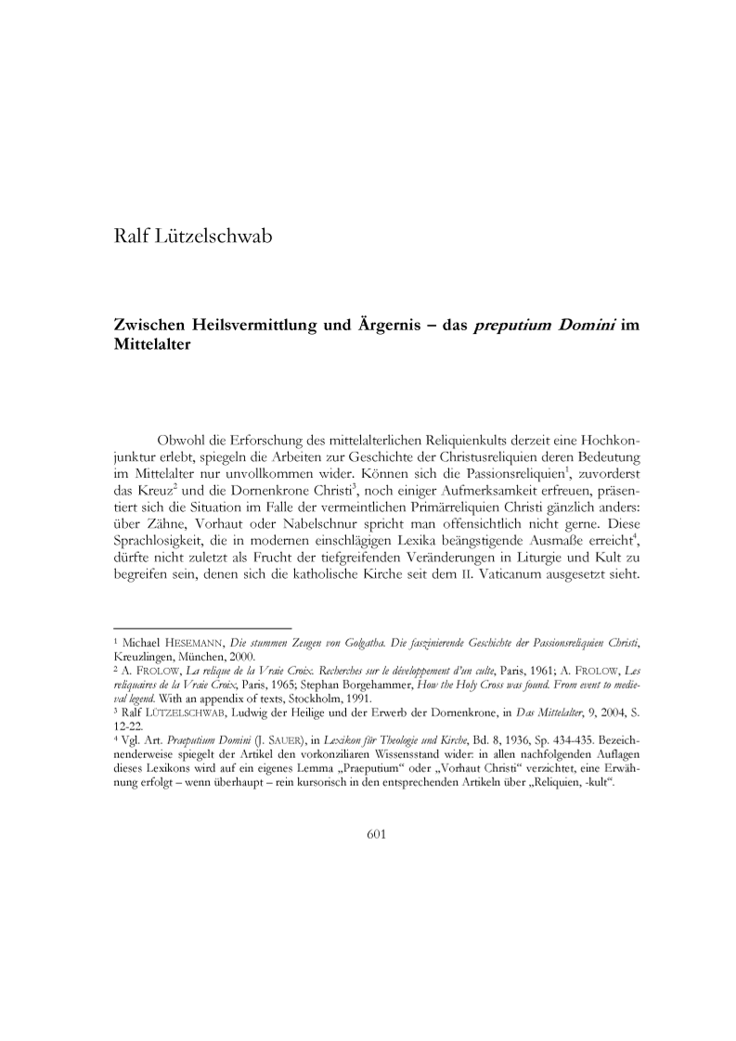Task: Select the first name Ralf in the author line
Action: point(130,239)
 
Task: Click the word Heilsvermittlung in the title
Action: point(247,328)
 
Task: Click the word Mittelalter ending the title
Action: point(149,346)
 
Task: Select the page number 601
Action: point(377,832)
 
